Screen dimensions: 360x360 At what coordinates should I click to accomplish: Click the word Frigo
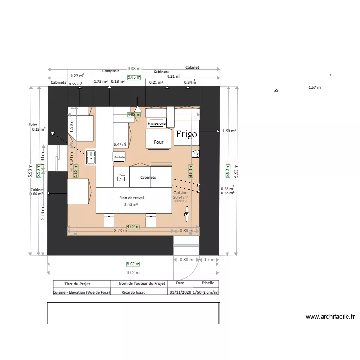click(x=186, y=134)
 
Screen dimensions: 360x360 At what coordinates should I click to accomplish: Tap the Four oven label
click(x=158, y=142)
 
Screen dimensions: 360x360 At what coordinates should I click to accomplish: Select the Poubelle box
click(x=120, y=157)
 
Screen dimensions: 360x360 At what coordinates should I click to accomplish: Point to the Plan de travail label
click(x=132, y=198)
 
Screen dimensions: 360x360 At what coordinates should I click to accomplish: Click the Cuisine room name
click(x=180, y=193)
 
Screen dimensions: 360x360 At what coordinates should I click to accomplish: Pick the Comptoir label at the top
click(x=110, y=71)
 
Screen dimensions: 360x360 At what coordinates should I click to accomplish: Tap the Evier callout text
click(x=33, y=125)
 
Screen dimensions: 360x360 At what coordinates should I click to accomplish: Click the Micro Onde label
click(x=158, y=123)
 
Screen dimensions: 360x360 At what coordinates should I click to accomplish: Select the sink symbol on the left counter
click(x=90, y=156)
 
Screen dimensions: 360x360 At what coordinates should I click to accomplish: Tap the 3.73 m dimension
click(x=120, y=231)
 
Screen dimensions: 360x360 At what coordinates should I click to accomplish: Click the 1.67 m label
click(x=314, y=87)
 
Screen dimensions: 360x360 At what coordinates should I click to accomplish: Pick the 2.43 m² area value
click(x=131, y=204)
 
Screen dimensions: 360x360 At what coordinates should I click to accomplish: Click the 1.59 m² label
click(x=229, y=131)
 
